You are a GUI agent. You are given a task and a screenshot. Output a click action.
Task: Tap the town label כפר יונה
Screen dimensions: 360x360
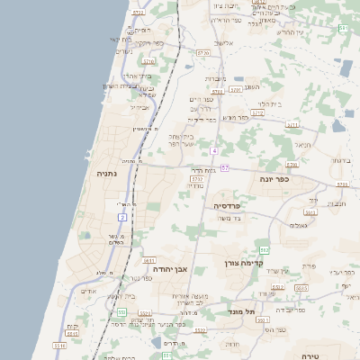(270, 179)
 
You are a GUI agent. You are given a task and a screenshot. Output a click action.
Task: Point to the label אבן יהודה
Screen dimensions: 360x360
(168, 268)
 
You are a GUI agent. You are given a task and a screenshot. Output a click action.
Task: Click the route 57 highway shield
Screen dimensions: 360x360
(224, 168)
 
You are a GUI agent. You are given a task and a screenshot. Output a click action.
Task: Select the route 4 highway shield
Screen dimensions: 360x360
(214, 151)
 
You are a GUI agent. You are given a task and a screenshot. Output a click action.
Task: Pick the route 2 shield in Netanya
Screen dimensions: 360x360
(121, 216)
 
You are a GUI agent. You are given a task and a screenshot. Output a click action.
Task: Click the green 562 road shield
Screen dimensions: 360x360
(264, 250)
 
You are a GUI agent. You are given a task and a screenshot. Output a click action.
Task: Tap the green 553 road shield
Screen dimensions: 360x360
(121, 312)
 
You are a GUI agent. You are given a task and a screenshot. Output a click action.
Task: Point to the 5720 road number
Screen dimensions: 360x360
(202, 54)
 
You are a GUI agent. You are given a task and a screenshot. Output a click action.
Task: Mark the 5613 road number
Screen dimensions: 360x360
(310, 212)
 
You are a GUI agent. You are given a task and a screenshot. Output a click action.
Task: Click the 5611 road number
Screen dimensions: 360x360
(149, 261)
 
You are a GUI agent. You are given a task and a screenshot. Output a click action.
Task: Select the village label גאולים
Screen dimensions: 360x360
(299, 225)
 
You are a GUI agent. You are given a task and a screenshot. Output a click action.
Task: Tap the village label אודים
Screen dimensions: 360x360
(87, 291)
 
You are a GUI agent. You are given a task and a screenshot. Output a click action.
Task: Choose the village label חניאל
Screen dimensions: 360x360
(302, 146)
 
